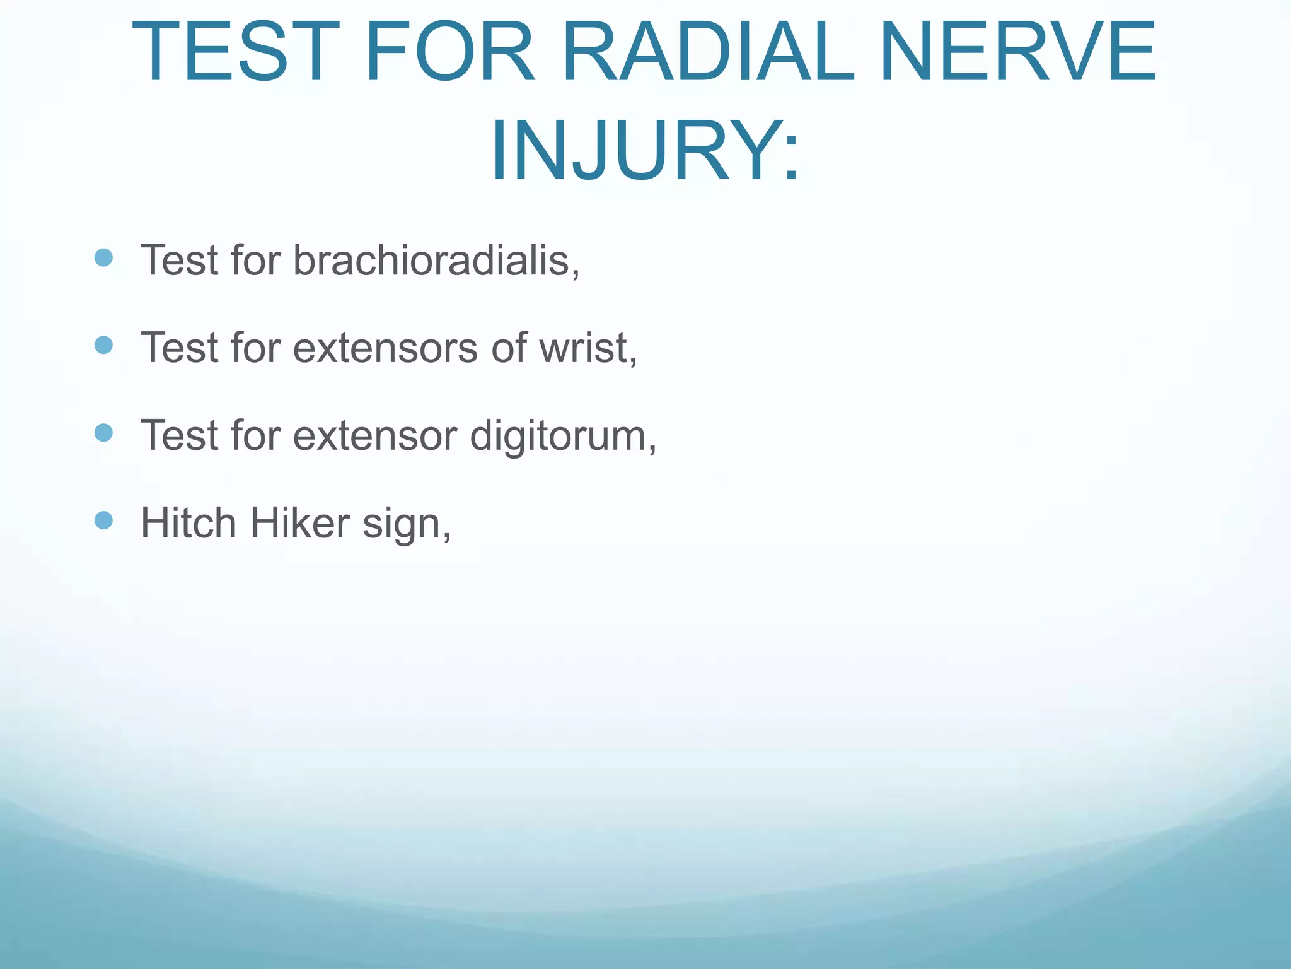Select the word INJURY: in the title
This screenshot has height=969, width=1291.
(645, 151)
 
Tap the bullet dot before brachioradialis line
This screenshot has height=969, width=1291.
(103, 257)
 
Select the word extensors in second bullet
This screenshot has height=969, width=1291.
(385, 348)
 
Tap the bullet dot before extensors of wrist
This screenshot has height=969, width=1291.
(103, 345)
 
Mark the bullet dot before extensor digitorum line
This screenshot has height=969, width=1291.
(103, 433)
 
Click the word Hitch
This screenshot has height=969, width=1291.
(188, 523)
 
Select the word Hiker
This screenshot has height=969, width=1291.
(299, 523)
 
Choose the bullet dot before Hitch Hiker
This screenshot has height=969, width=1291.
(103, 520)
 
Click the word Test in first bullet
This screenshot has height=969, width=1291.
(179, 260)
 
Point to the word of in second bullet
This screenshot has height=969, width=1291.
(508, 348)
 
